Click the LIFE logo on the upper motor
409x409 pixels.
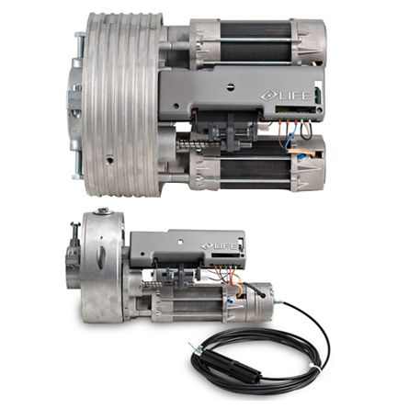(x=285, y=96)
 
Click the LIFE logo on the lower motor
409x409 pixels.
(x=219, y=246)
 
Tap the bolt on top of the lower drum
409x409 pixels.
(x=103, y=211)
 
